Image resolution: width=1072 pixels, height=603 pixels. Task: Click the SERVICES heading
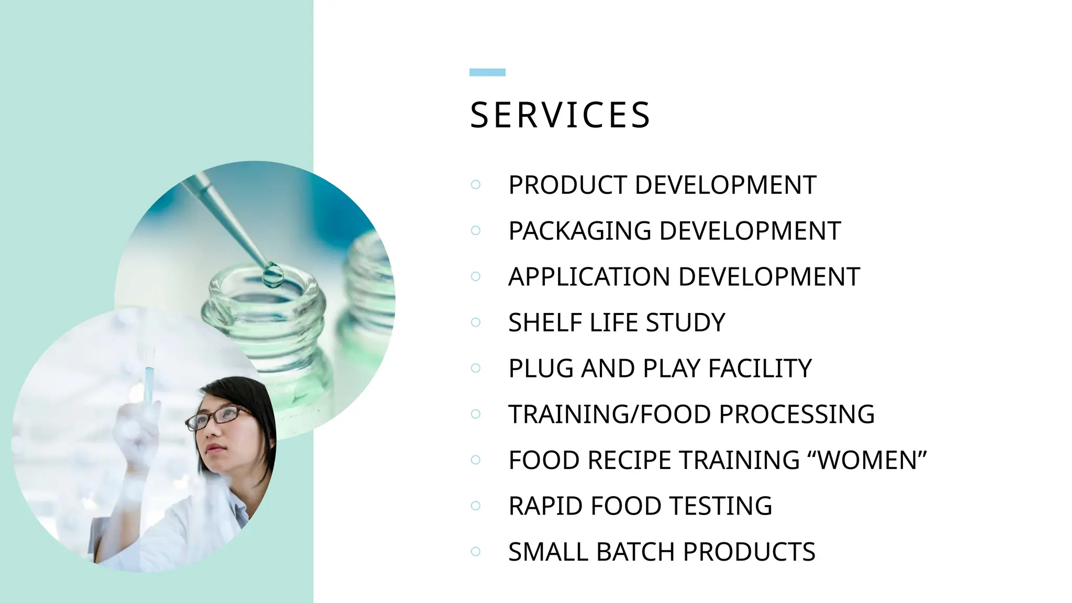click(560, 115)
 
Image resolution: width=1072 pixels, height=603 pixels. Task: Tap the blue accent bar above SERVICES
click(487, 72)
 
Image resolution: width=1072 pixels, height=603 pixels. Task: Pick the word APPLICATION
click(589, 276)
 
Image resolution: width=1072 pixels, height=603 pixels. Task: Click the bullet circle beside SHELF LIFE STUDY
click(475, 322)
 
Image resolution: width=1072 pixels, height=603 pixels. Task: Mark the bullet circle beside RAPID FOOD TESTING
click(475, 506)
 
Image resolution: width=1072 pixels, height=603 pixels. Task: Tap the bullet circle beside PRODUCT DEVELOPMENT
click(475, 185)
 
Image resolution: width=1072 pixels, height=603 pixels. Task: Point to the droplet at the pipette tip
click(272, 274)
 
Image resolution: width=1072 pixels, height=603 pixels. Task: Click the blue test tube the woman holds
click(149, 385)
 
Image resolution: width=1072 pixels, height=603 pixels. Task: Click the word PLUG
click(541, 368)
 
